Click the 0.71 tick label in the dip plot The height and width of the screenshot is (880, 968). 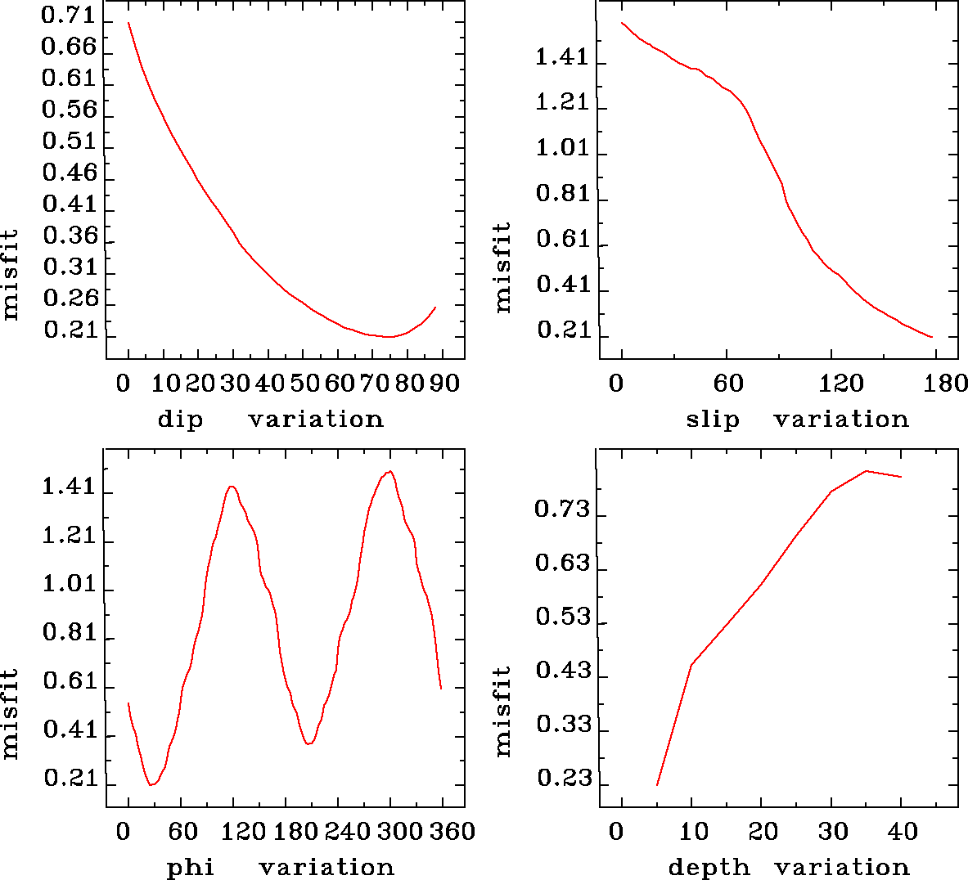(69, 15)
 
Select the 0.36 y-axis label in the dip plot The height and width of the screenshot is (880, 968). (69, 236)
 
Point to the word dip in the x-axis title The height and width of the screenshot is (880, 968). (179, 420)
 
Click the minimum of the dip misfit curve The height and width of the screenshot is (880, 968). (389, 336)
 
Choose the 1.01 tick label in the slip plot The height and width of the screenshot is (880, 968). (562, 148)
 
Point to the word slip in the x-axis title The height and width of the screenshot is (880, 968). (712, 420)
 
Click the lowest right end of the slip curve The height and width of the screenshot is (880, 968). (932, 337)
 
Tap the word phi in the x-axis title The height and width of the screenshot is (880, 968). (190, 867)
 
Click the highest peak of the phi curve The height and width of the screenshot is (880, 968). (390, 471)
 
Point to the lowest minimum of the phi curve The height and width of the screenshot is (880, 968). (151, 784)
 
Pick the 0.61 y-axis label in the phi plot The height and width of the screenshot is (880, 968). (69, 681)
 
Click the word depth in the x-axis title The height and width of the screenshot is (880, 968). (709, 867)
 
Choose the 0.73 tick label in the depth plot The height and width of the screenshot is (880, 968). (562, 510)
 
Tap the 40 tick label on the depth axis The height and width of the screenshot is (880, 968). (903, 832)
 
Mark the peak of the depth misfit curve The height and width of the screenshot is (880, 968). (866, 471)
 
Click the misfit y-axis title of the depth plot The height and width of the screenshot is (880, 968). (503, 711)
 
